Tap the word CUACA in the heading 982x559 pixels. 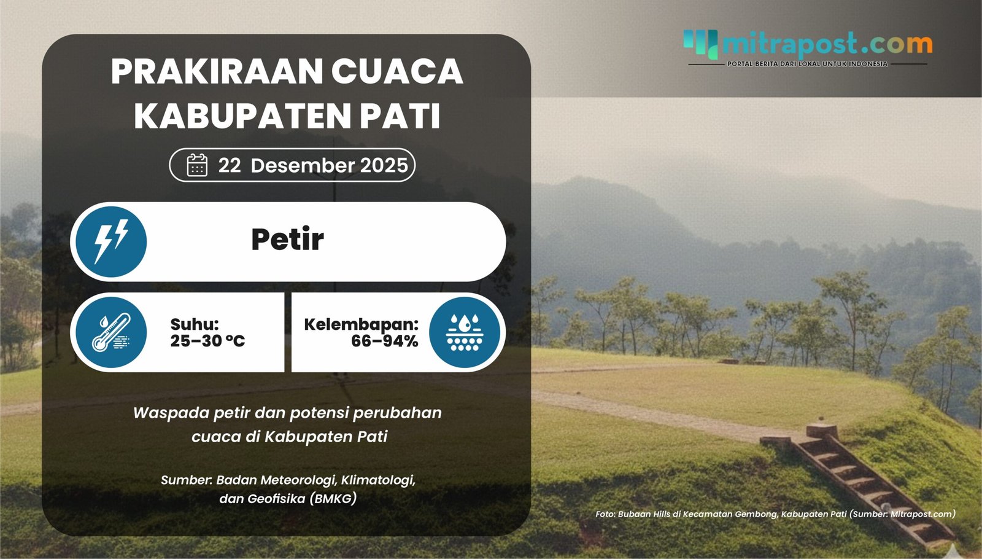(397, 71)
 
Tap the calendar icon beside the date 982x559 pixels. (197, 165)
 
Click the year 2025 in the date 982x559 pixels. (384, 165)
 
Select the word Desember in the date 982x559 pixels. (303, 165)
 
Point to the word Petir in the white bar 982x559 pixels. (287, 240)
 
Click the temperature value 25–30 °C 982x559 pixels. (207, 341)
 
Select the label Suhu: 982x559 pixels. (195, 324)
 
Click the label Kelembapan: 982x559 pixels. (361, 324)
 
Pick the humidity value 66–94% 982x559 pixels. (384, 341)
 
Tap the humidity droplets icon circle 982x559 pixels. (465, 332)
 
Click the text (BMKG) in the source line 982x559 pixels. (333, 498)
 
